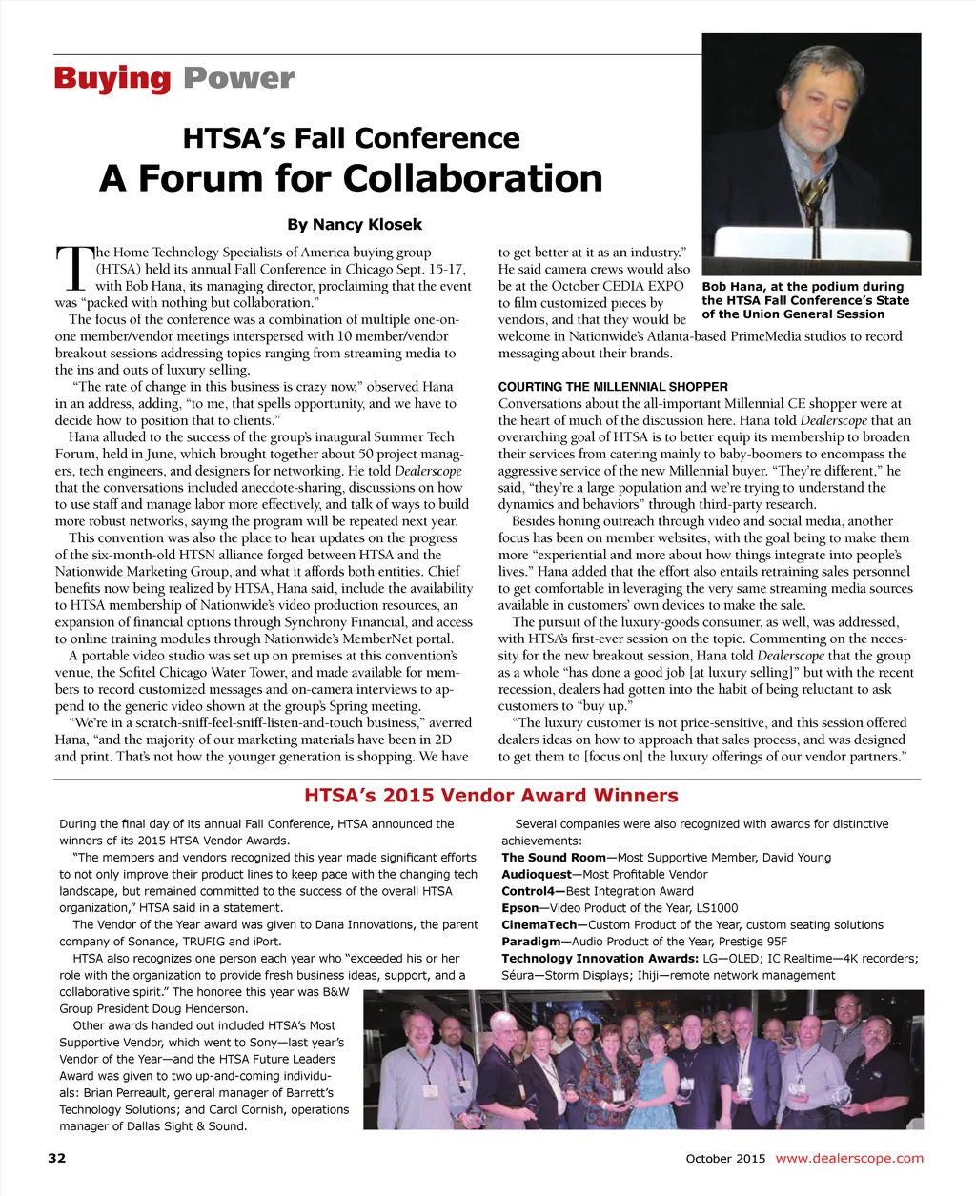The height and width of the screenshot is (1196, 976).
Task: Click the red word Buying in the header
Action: coord(112,78)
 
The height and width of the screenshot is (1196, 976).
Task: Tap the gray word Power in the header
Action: coord(238,78)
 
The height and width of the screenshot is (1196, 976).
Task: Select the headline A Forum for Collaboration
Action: coord(351,178)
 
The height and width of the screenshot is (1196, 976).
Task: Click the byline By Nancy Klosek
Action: coord(355,225)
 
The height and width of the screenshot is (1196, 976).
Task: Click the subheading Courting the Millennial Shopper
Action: coord(613,387)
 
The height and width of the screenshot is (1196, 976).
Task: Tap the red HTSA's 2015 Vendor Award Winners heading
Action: coord(491,796)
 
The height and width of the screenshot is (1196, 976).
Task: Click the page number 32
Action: coord(57,1159)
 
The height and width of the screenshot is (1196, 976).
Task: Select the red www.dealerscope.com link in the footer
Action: coord(849,1159)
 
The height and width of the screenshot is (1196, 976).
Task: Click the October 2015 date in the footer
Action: coord(725,1159)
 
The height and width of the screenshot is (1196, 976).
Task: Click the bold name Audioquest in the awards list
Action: coord(537,875)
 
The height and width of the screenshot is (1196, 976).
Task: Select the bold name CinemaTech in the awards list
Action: coord(539,925)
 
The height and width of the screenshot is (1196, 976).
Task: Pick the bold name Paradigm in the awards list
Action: coord(531,943)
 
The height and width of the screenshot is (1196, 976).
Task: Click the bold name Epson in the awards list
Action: coord(520,908)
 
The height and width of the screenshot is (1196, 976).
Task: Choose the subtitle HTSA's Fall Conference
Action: coord(351,139)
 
